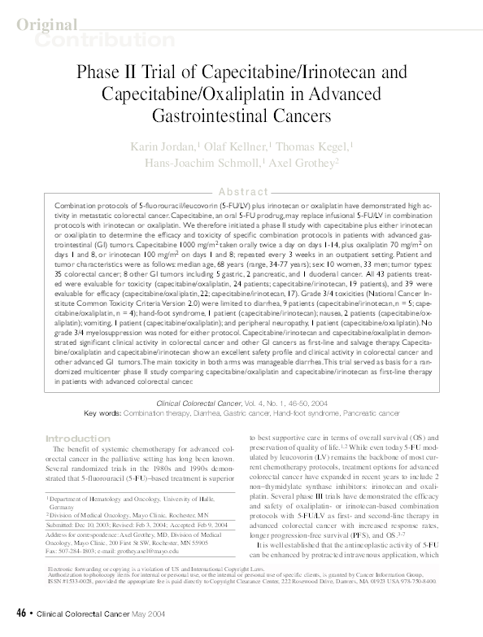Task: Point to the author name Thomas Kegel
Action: tap(312, 146)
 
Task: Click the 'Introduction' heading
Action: tap(72, 438)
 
